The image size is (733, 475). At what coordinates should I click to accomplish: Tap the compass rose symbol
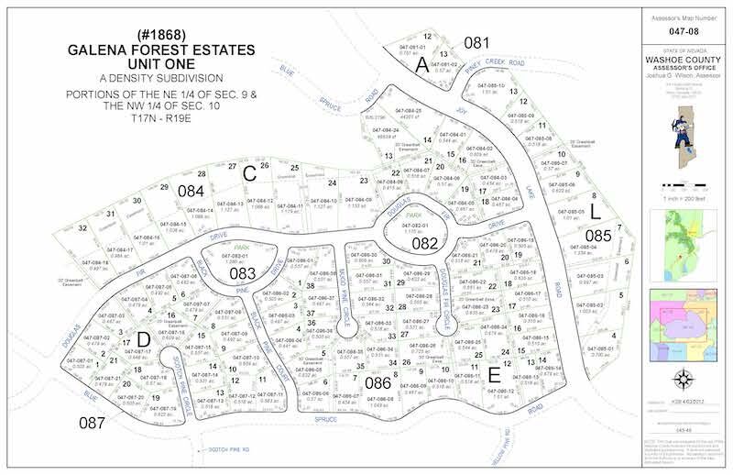683,378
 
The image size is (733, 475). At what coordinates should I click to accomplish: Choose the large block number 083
243,272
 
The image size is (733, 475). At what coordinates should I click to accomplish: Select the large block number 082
424,243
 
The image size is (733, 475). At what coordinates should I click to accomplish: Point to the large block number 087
93,423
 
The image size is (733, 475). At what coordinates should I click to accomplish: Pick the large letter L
595,210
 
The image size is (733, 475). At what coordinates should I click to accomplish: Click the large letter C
247,171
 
